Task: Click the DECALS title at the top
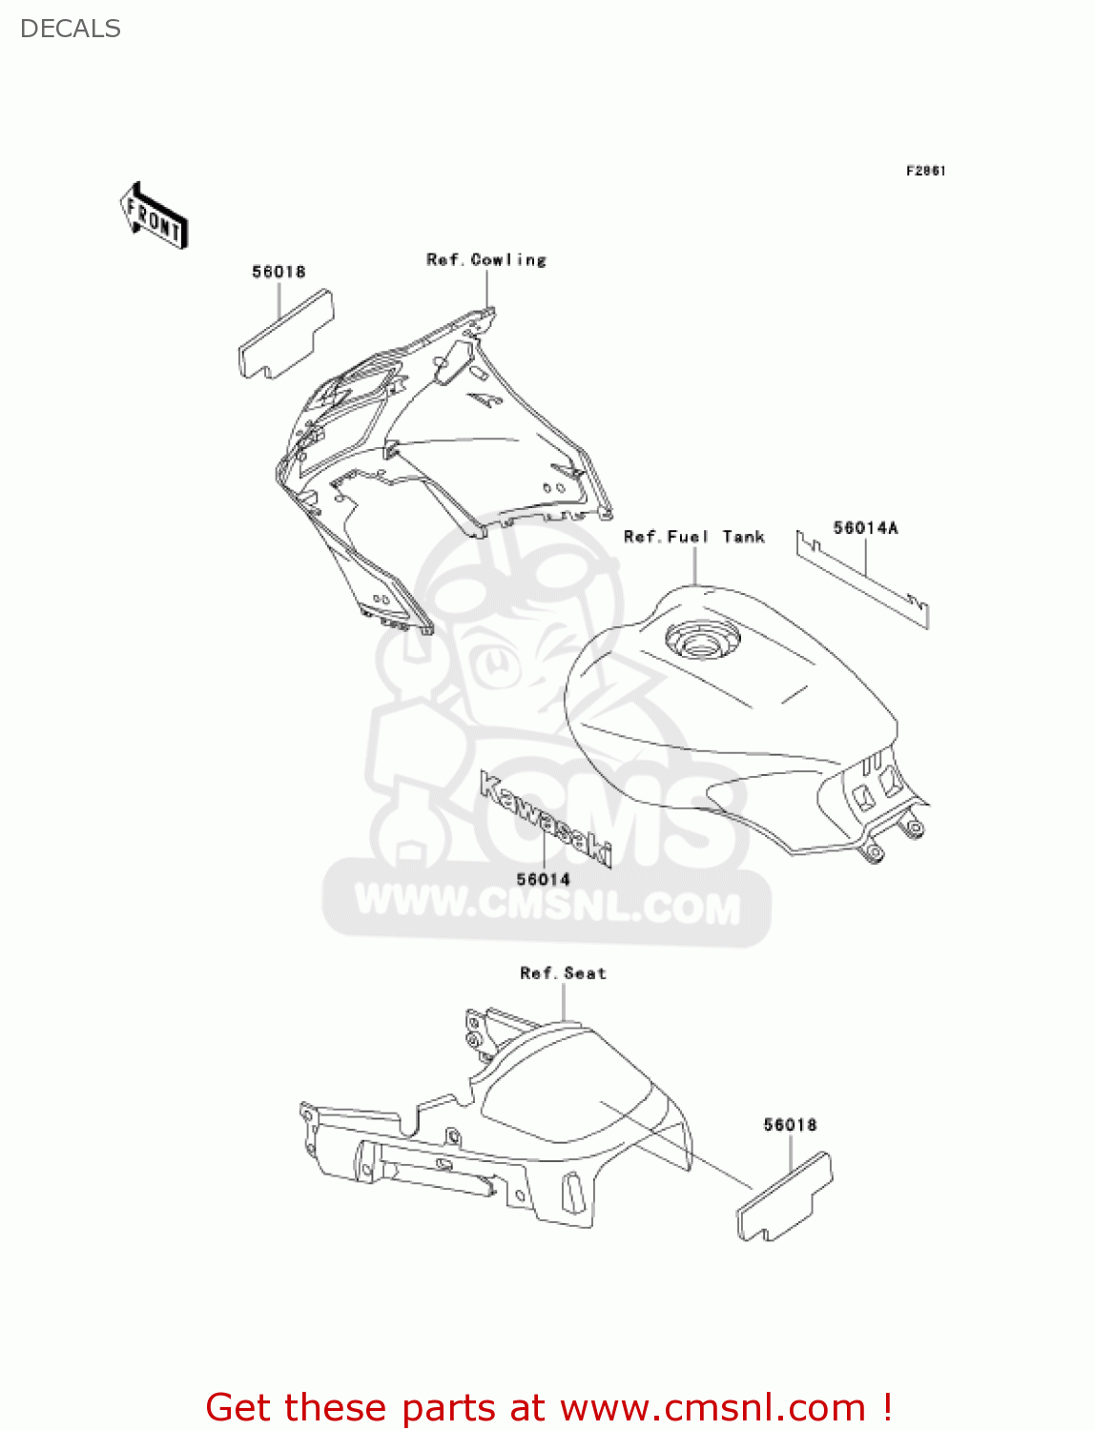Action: (x=70, y=29)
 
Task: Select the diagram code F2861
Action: (x=925, y=171)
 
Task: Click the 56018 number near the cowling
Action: (x=279, y=272)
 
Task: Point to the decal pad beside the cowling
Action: (x=285, y=334)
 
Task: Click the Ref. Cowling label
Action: (x=486, y=259)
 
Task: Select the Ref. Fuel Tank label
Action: (x=694, y=537)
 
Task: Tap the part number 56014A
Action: (x=866, y=528)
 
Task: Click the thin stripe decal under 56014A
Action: (x=862, y=581)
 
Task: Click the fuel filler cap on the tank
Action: (x=703, y=639)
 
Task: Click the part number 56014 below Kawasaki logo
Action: (x=544, y=879)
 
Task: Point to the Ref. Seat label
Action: (x=563, y=973)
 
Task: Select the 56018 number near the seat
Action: (x=791, y=1125)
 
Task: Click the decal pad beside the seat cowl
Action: (x=784, y=1197)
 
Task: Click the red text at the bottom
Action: (x=547, y=1407)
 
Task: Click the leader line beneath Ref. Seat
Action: (x=564, y=1002)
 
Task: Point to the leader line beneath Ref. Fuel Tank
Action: (x=695, y=565)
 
